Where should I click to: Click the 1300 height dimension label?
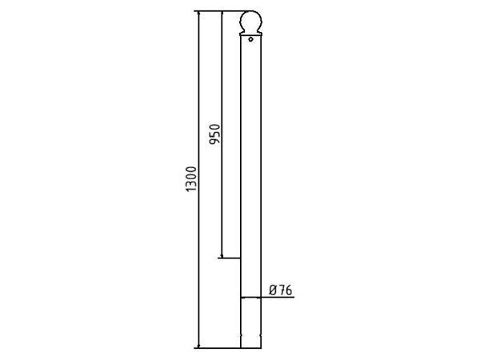pos(190,179)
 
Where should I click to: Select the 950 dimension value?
pos(214,134)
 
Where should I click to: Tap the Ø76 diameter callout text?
pos(281,290)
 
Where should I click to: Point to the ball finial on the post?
pos(250,22)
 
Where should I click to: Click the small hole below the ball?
pos(250,39)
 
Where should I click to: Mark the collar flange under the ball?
pos(250,34)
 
